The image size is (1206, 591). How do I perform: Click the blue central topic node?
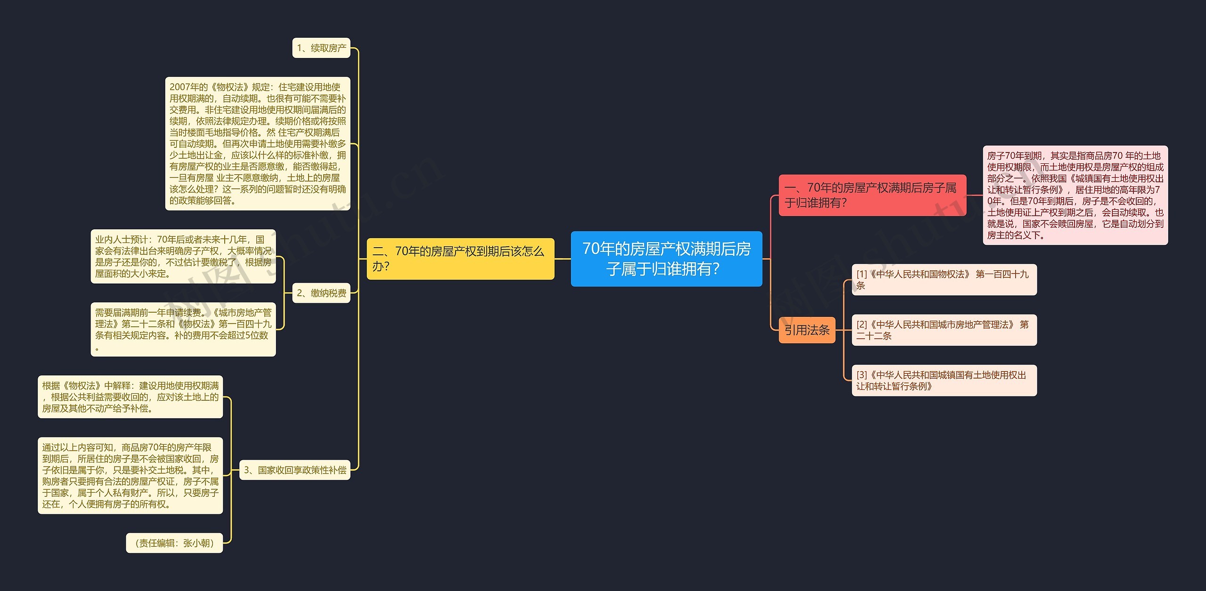point(666,259)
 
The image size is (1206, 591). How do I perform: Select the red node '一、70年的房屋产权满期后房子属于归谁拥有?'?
point(872,195)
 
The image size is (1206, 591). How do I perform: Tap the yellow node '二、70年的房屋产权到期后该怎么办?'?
point(460,259)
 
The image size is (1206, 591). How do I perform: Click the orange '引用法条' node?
point(807,330)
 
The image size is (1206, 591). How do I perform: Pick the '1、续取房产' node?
point(321,48)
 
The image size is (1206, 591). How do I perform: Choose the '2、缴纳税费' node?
point(321,293)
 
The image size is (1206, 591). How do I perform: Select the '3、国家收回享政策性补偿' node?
point(295,470)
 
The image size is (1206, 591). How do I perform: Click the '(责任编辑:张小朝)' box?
point(174,543)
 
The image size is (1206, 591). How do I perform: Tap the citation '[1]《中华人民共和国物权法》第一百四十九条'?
point(944,280)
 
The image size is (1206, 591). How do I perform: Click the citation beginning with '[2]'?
point(944,330)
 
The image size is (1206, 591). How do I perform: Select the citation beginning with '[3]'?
point(944,381)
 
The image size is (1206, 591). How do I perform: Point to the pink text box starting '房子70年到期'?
point(1076,195)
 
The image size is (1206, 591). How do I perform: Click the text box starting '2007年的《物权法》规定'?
point(258,144)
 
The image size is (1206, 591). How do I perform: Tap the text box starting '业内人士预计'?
point(183,257)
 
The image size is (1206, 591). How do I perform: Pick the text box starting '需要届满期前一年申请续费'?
point(183,330)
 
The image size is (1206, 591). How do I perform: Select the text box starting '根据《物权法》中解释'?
point(130,397)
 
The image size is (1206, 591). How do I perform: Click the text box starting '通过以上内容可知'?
point(130,476)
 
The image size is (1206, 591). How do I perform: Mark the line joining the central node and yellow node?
point(562,259)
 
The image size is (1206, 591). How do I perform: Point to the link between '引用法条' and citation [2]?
point(843,330)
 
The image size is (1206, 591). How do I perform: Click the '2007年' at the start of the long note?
point(182,87)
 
